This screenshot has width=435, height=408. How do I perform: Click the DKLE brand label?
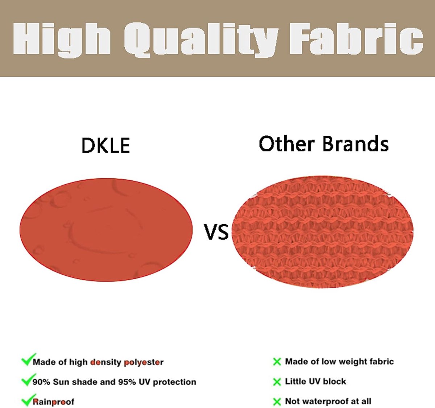tap(106, 145)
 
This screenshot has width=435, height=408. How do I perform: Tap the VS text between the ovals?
tap(216, 232)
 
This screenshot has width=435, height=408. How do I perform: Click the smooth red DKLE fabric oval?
tap(106, 229)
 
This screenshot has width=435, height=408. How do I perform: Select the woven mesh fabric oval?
tap(322, 232)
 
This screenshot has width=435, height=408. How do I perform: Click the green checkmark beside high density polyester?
tap(28, 359)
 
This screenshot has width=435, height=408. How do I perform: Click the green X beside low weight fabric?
tap(277, 362)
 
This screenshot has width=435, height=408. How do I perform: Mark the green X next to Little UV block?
tap(277, 382)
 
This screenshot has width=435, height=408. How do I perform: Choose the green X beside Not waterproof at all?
tap(277, 402)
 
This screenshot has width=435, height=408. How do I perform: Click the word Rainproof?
tap(53, 401)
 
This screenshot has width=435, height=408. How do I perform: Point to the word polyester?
tap(144, 362)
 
